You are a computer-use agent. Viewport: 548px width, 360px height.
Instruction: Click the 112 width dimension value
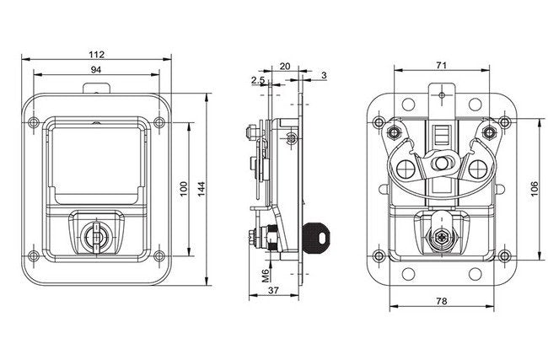101,53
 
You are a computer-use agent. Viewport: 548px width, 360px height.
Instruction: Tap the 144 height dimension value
201,191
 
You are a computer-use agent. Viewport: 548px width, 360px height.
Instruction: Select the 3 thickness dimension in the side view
325,76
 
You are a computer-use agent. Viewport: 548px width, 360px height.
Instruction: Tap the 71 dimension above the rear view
442,66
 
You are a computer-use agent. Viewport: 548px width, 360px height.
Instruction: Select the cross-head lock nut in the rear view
439,240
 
